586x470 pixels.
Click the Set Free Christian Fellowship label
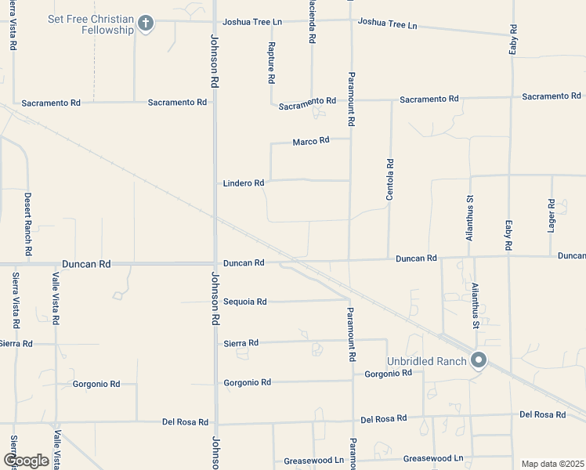[x=90, y=24]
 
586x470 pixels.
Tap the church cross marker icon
[x=144, y=23]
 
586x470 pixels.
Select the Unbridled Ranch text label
[x=426, y=361]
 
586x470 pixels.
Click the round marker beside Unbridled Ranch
[x=478, y=360]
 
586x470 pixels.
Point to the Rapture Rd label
[x=271, y=63]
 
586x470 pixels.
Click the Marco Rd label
[x=310, y=142]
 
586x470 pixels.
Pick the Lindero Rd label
[x=244, y=183]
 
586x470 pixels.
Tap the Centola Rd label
[x=389, y=180]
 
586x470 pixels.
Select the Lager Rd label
[x=552, y=215]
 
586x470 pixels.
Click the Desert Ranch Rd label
[x=27, y=225]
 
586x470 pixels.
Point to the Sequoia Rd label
[x=245, y=302]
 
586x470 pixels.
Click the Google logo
[x=26, y=461]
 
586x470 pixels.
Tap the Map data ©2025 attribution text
[x=552, y=464]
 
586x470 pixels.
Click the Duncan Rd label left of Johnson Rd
[x=87, y=265]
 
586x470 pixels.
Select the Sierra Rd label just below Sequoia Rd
[x=241, y=343]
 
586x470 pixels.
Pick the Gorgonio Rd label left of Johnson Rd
[x=96, y=384]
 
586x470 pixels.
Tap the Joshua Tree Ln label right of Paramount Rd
[x=387, y=23]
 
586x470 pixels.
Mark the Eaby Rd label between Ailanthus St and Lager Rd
[x=508, y=235]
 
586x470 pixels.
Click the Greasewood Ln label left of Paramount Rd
[x=313, y=461]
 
